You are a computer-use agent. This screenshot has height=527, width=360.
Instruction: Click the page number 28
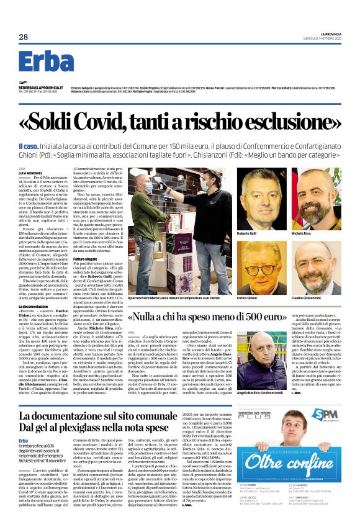point(22,37)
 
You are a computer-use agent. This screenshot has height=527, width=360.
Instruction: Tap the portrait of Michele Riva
point(316,197)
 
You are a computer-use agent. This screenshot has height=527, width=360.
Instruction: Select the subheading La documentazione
point(34,289)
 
